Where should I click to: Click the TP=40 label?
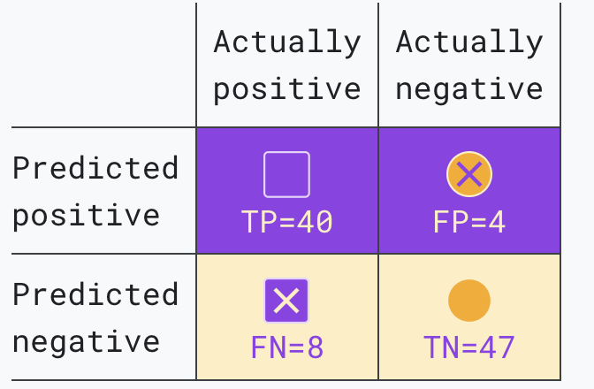click(x=286, y=222)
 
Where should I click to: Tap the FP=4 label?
click(x=469, y=222)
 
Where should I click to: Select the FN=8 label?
click(x=286, y=347)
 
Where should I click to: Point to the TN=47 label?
click(x=469, y=347)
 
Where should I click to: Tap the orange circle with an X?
click(x=469, y=174)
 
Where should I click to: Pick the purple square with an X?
click(x=286, y=301)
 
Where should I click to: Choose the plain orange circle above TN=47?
click(x=469, y=301)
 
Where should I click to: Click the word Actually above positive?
click(x=286, y=42)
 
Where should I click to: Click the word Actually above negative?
click(x=469, y=42)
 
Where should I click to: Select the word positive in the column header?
click(x=286, y=90)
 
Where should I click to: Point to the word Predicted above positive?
click(x=95, y=168)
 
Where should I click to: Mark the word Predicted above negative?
click(x=95, y=294)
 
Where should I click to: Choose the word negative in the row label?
click(x=86, y=343)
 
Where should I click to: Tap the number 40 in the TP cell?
click(x=315, y=222)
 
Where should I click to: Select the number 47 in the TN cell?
click(x=497, y=347)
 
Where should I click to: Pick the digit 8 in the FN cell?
click(x=316, y=347)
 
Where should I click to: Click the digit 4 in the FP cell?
click(x=497, y=222)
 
